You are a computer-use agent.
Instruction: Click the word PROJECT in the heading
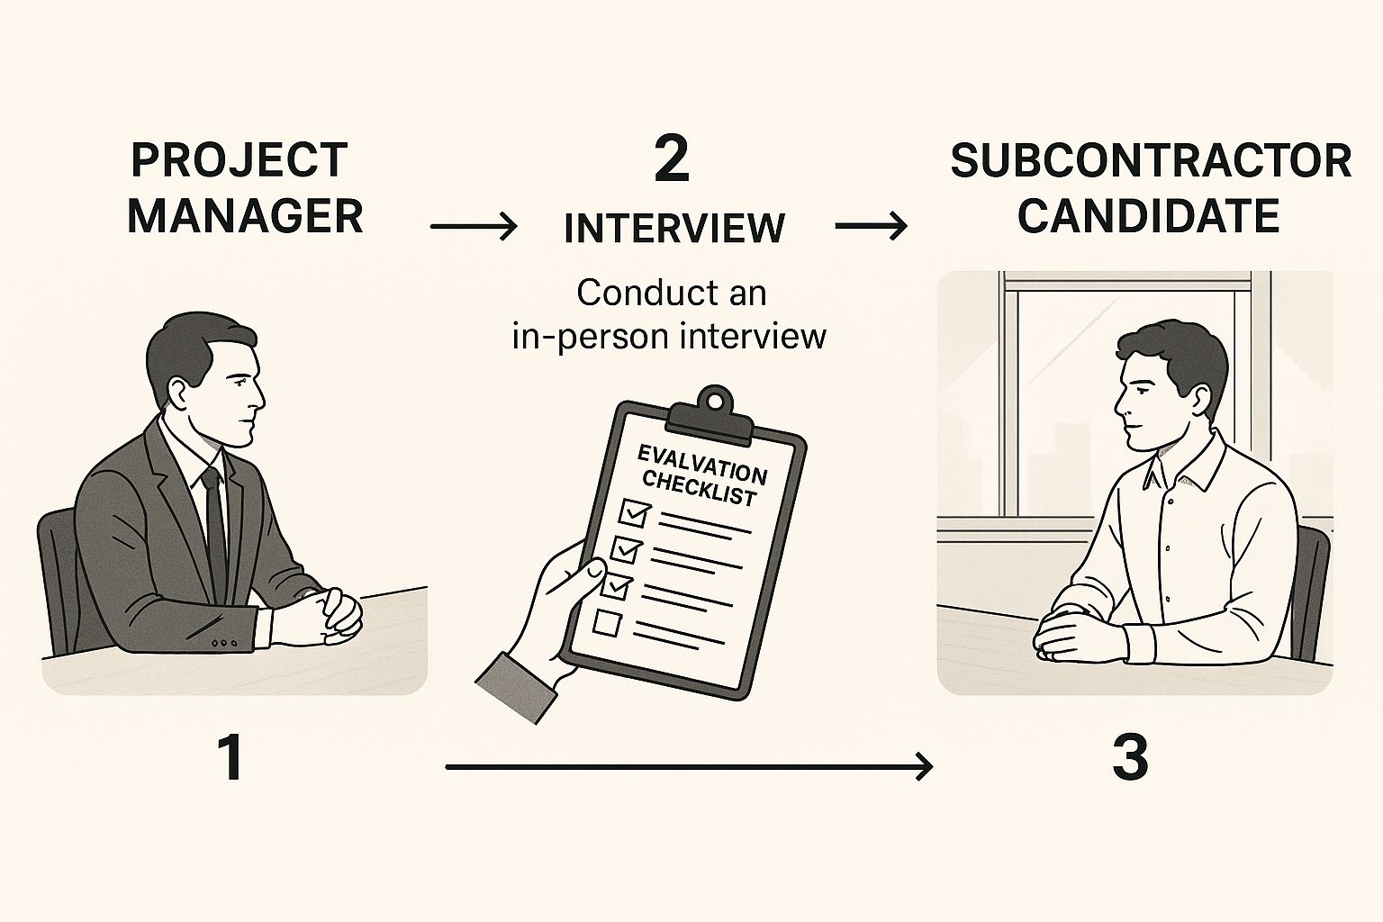click(240, 160)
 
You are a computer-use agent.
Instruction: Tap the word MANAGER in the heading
click(245, 216)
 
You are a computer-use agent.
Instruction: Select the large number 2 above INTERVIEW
click(672, 158)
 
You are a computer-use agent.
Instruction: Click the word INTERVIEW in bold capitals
click(674, 228)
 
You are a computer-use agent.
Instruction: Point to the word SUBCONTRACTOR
click(1152, 160)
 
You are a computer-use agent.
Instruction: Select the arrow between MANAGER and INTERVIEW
click(474, 227)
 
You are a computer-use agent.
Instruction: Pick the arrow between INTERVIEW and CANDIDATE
click(872, 226)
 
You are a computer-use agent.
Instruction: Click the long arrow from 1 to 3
click(689, 768)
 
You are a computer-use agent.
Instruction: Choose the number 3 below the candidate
click(1131, 758)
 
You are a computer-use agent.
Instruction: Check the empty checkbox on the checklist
click(607, 623)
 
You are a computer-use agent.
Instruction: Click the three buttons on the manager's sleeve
click(223, 643)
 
